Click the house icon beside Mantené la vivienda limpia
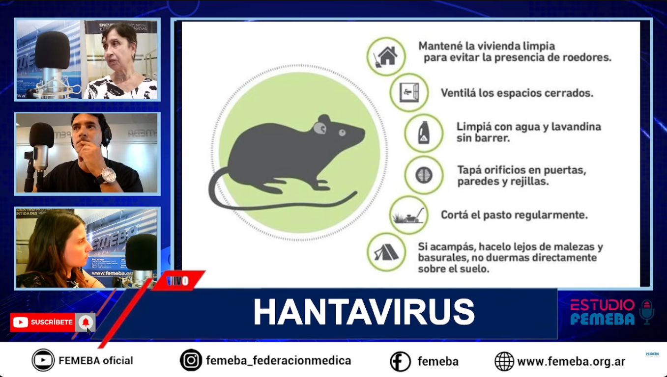click(386, 56)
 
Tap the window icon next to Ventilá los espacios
click(409, 92)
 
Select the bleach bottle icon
click(423, 133)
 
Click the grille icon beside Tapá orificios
click(423, 175)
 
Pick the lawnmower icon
click(408, 215)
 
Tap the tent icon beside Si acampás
click(386, 253)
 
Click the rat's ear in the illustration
click(320, 128)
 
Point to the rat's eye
click(342, 132)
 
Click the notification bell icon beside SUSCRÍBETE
click(86, 322)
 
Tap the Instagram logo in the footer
click(191, 360)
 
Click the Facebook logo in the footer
click(400, 362)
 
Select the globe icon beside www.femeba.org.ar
click(504, 362)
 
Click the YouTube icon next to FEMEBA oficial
click(43, 360)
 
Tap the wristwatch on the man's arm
click(108, 175)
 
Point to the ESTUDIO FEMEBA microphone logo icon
click(647, 311)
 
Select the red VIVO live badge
click(178, 281)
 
